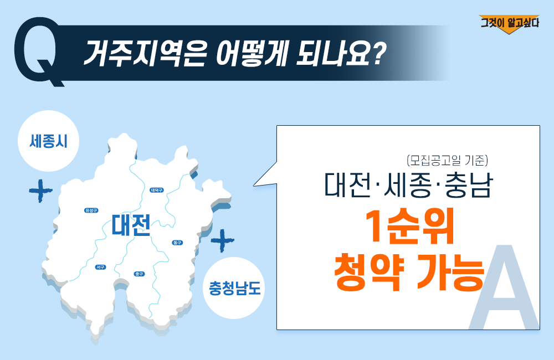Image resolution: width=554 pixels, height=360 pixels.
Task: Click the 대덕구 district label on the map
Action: (157, 190)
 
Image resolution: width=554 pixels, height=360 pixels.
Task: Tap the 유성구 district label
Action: (91, 210)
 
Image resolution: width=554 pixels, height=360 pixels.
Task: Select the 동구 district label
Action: (177, 243)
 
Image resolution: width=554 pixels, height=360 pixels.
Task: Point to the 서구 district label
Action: (101, 267)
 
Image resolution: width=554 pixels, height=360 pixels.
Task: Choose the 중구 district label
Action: (139, 274)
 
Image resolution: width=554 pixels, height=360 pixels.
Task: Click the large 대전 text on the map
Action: (131, 225)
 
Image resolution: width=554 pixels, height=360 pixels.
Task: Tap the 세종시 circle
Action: (48, 141)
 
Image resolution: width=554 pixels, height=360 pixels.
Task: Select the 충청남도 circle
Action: (234, 288)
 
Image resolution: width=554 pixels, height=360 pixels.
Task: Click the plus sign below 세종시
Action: (40, 191)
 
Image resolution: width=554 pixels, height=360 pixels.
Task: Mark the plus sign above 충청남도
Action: (222, 240)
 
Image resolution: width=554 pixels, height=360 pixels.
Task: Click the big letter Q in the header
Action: (38, 50)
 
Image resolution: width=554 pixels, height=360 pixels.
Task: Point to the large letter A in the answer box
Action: (504, 287)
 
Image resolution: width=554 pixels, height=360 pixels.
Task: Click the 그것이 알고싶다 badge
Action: (509, 24)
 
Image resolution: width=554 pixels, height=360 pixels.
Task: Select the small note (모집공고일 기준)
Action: (447, 161)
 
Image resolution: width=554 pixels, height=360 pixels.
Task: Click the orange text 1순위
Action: (409, 227)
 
